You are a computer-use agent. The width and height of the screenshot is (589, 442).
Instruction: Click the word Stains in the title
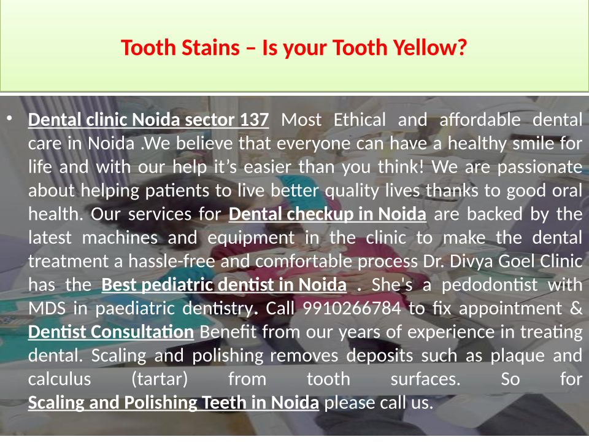point(210,48)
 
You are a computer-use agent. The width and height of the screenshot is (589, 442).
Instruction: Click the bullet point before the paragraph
point(9,118)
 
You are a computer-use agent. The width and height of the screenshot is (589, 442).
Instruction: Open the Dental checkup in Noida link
point(327,214)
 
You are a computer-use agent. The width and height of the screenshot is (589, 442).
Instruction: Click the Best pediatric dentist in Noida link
point(224,285)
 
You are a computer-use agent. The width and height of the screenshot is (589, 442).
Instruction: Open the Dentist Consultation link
point(111,332)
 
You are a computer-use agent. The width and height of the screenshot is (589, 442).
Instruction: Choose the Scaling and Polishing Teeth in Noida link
point(174,403)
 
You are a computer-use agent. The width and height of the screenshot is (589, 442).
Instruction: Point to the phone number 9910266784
point(352,309)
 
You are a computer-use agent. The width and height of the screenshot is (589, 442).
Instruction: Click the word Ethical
point(360,120)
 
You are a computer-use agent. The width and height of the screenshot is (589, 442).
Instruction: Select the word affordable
point(480,120)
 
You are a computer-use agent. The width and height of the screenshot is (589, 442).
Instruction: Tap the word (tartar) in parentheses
point(160,379)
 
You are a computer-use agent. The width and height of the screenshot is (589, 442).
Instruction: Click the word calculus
point(60,379)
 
